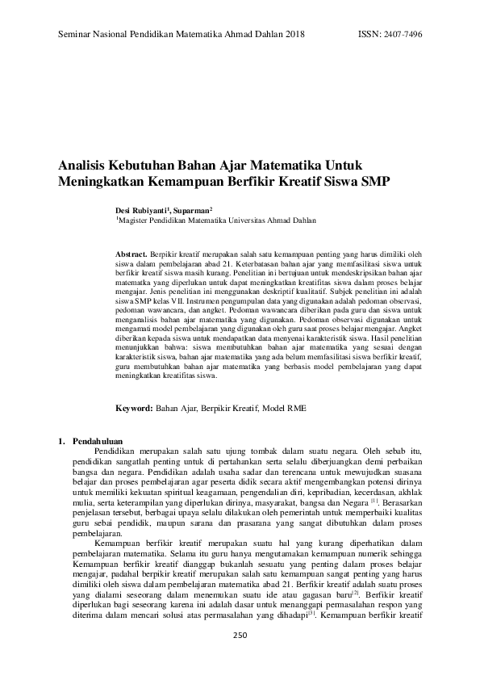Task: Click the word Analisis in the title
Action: point(86,165)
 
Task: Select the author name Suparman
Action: point(194,208)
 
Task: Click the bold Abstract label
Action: point(132,254)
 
